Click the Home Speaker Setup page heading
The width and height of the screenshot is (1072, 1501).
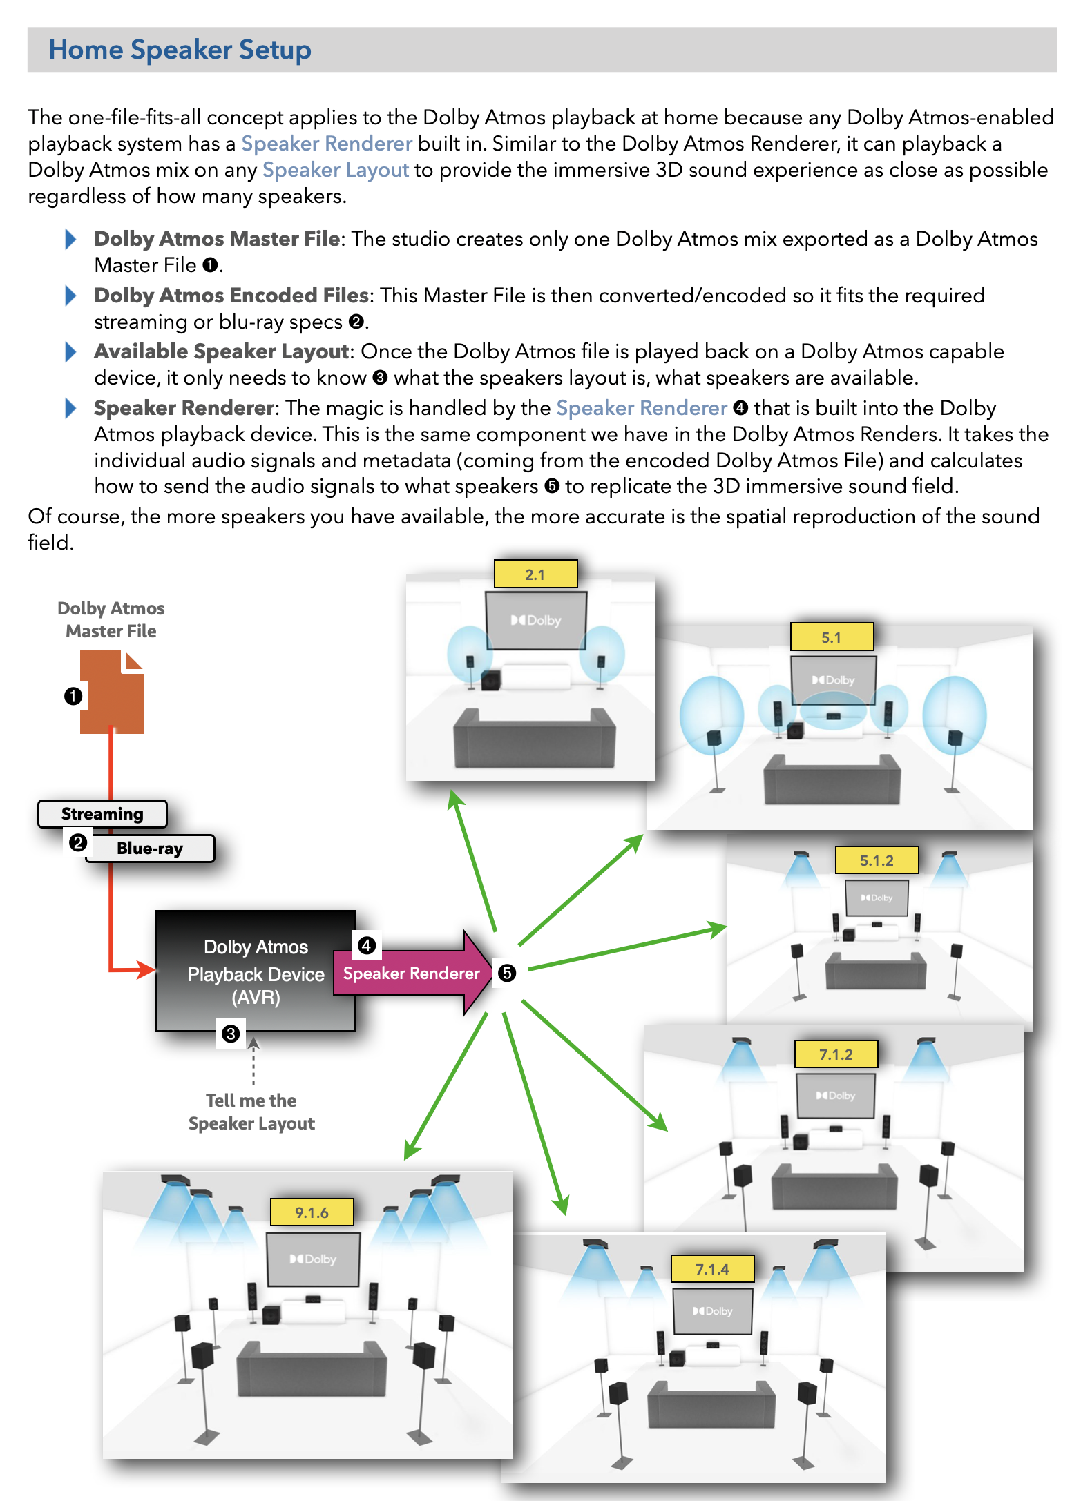[x=180, y=50]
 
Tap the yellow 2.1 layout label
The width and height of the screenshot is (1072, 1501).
[x=535, y=574]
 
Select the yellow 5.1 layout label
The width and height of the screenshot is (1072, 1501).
[x=831, y=637]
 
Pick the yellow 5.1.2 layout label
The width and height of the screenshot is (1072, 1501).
[x=877, y=860]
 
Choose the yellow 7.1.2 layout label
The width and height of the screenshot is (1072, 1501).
[x=836, y=1054]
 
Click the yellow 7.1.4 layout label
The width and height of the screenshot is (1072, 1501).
[x=712, y=1269]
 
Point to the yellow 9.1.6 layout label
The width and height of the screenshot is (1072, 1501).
[x=312, y=1212]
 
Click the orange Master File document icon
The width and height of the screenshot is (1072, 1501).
[x=112, y=693]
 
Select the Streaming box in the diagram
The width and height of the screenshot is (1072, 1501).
[x=102, y=814]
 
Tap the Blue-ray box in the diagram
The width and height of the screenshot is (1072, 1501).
[x=150, y=849]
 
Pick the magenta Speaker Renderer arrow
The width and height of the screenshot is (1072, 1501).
[x=412, y=974]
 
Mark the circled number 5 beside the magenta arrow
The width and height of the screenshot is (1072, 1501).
[x=507, y=974]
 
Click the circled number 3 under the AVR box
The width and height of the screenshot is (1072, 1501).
[x=231, y=1034]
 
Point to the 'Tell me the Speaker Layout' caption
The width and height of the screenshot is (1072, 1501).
[x=251, y=1112]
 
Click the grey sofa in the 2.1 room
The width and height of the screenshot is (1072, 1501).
[x=534, y=739]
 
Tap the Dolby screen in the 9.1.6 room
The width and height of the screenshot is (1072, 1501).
[x=314, y=1259]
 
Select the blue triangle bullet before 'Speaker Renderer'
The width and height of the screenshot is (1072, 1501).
[x=70, y=408]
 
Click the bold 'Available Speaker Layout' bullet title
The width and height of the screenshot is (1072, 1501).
[x=222, y=351]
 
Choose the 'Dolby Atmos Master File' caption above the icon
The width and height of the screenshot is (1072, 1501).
[x=111, y=619]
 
